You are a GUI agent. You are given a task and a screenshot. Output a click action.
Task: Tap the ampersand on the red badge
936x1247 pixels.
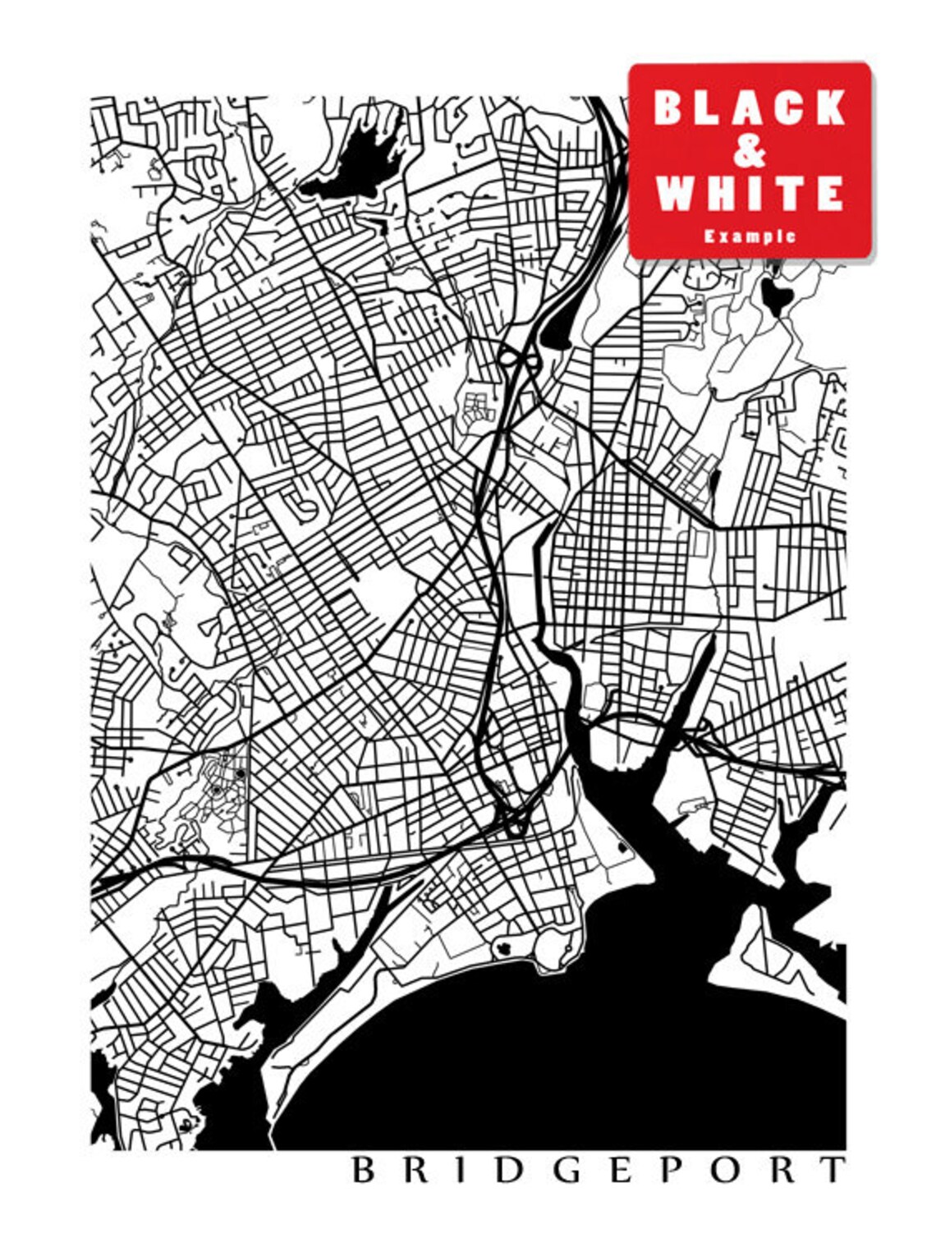(x=750, y=151)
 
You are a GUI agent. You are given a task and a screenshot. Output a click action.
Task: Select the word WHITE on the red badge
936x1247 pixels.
(x=750, y=193)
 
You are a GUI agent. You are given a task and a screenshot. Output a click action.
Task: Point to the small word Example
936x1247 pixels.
(x=750, y=236)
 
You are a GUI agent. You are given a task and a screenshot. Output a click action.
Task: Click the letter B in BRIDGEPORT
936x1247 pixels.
(x=364, y=1170)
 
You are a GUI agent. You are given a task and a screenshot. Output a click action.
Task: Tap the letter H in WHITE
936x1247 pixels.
(x=718, y=193)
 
